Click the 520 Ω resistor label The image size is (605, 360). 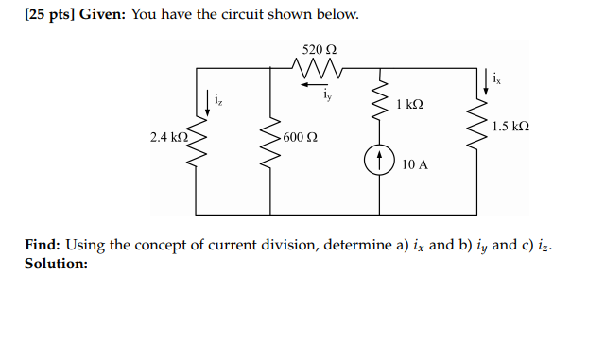point(319,48)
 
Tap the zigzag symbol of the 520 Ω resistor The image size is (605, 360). point(317,68)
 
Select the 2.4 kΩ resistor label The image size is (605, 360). point(169,137)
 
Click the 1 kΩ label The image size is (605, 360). point(410,104)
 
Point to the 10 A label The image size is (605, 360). point(414,163)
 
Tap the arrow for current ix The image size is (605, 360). point(487,80)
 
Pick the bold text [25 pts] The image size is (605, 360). point(46,15)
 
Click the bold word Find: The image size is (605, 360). point(43,246)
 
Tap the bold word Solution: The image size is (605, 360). point(56,264)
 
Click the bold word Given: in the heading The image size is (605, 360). point(104,15)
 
